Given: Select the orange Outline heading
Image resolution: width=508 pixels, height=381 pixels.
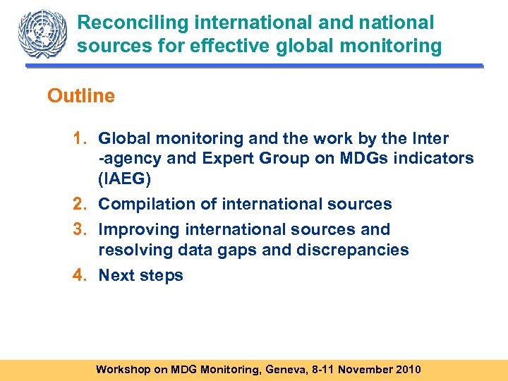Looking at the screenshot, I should (80, 96).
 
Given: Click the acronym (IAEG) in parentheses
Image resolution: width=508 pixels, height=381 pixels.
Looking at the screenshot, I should (125, 179).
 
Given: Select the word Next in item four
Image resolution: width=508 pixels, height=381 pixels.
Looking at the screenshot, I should (118, 276).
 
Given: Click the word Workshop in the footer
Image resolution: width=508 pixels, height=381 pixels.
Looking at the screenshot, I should (123, 370).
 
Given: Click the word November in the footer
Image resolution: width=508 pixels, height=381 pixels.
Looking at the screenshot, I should (358, 370).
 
